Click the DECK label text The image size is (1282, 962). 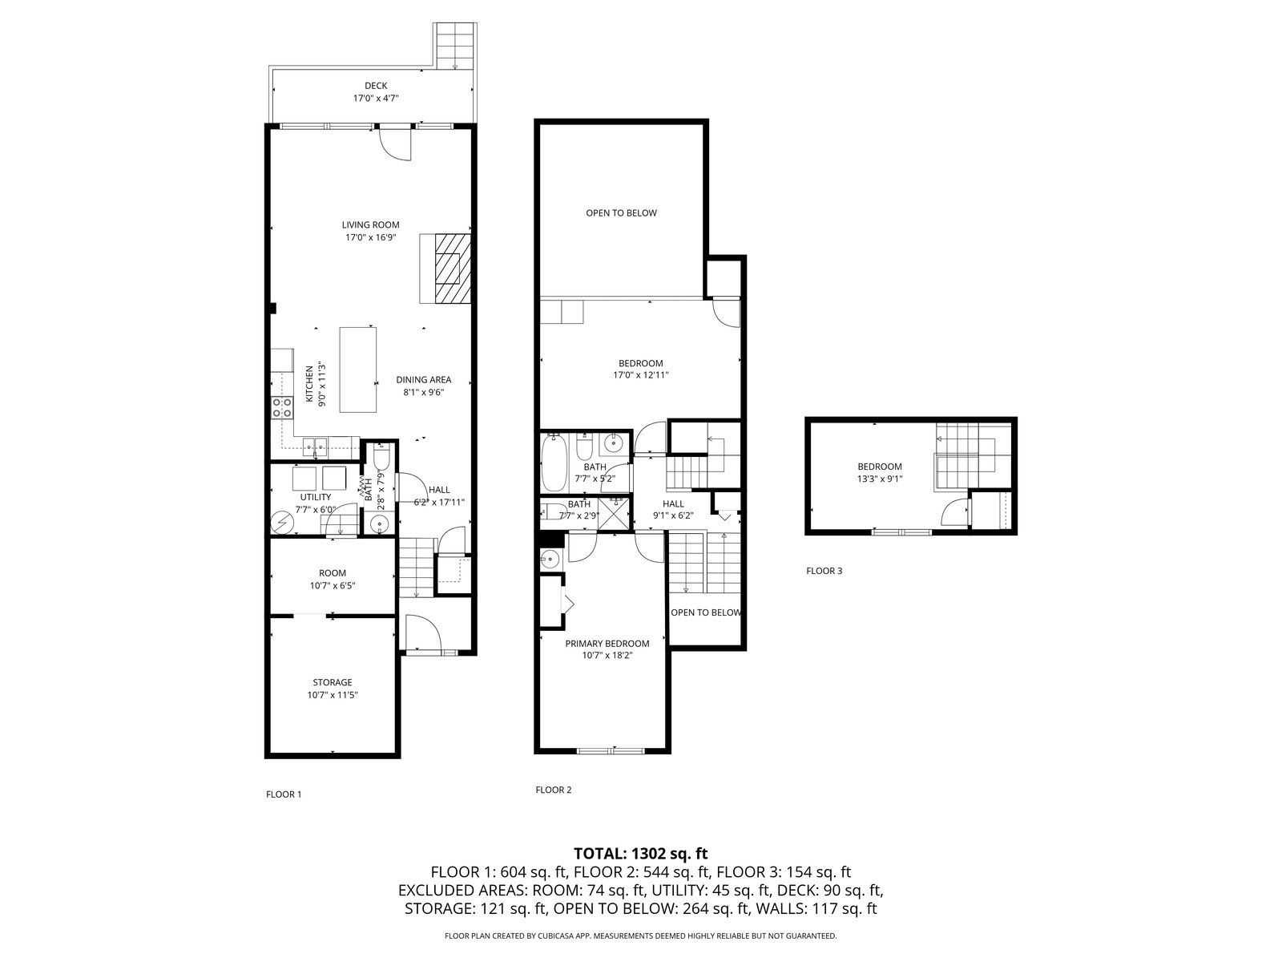coord(376,86)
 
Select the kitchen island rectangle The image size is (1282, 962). coord(358,370)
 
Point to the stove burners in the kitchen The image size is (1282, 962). coord(281,407)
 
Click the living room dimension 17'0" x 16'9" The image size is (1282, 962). coord(371,237)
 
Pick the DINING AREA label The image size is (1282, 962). coord(423,380)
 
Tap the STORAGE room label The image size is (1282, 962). coord(333,682)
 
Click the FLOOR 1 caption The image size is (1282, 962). coord(284,794)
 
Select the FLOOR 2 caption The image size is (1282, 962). coord(553,790)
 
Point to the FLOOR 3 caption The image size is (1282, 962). coord(824,571)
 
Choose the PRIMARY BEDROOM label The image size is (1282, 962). coord(607,643)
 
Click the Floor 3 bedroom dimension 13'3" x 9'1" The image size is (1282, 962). coord(880,479)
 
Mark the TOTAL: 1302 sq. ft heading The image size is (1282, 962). coord(641,853)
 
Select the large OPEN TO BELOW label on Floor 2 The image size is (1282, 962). coord(622,212)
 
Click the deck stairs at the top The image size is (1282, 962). coord(455,46)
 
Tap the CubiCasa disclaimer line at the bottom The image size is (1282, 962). coord(641,935)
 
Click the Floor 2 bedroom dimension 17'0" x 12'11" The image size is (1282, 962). coord(640,375)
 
